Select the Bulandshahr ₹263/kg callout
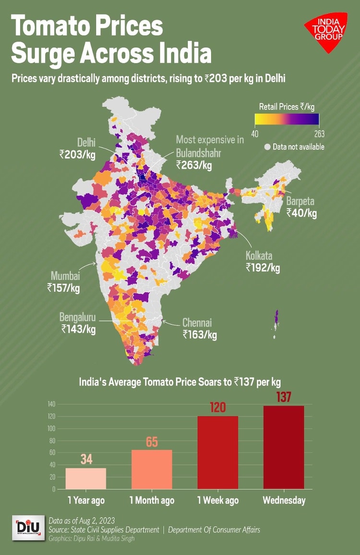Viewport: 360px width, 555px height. click(210, 152)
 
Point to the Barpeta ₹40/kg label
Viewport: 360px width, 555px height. click(301, 207)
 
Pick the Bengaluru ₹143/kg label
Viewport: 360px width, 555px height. click(78, 323)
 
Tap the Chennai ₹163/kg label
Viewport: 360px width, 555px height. click(200, 329)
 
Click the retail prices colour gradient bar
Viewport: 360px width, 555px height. click(287, 119)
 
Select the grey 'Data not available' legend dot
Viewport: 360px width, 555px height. click(267, 147)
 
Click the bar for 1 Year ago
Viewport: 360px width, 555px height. click(86, 478)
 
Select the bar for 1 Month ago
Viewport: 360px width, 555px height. click(152, 469)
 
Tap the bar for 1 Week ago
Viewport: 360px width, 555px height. click(217, 452)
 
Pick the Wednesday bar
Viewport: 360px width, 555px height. click(283, 447)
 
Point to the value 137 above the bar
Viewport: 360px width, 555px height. click(283, 397)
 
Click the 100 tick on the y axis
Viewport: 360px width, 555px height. click(51, 428)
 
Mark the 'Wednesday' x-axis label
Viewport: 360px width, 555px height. click(284, 500)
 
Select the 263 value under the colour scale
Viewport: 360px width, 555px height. click(319, 133)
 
